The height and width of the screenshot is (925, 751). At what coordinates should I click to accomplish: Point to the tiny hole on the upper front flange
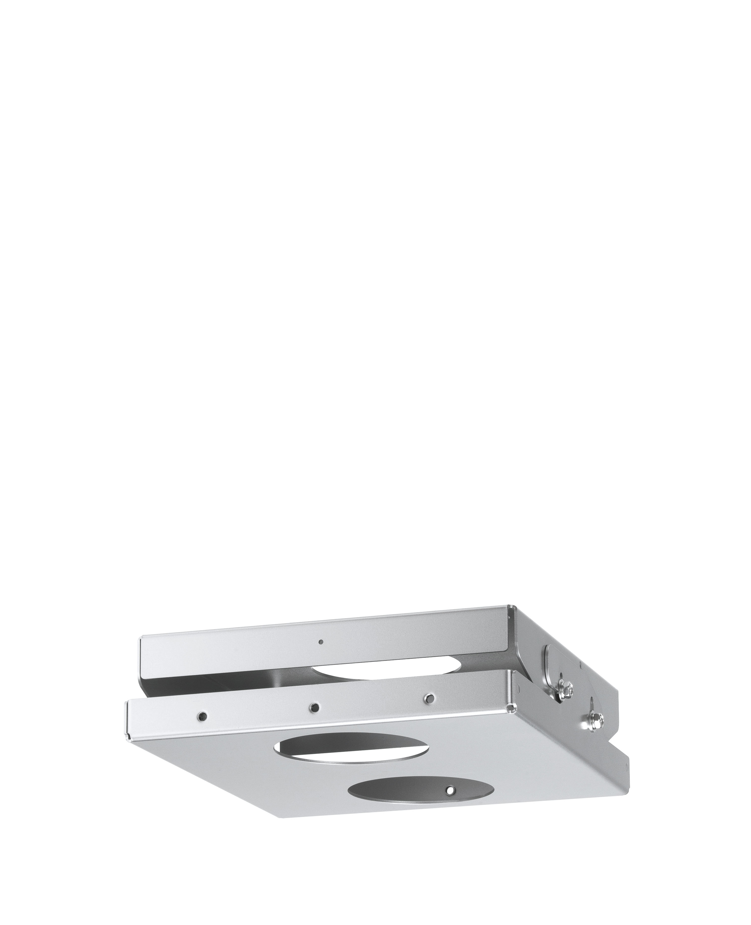(320, 654)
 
